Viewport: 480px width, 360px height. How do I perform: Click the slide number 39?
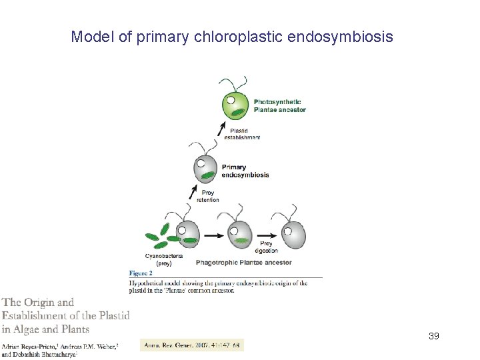tap(433, 335)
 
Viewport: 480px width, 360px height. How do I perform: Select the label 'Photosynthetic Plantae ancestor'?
tap(279, 105)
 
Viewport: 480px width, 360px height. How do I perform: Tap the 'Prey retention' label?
tap(207, 196)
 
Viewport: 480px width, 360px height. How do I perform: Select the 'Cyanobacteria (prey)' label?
tap(164, 259)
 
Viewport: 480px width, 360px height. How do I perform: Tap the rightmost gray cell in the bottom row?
tap(294, 233)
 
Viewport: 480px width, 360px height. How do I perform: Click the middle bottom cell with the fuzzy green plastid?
tap(239, 235)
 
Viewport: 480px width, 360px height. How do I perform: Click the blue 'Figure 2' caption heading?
tap(141, 273)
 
